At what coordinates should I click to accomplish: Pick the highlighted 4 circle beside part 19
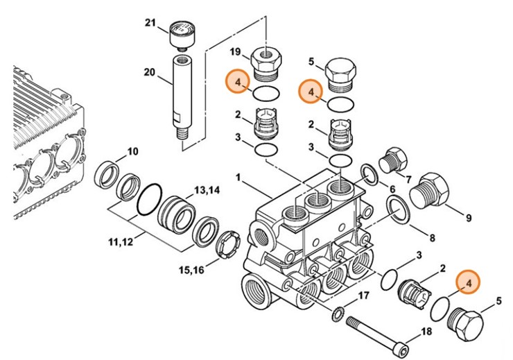click(237, 83)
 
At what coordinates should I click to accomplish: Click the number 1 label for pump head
click(239, 178)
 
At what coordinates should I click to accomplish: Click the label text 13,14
click(206, 190)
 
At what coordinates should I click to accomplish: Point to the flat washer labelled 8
click(397, 210)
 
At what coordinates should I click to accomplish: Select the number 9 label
click(468, 218)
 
